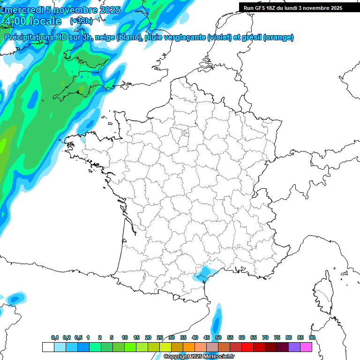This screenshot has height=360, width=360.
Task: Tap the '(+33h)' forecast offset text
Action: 81,21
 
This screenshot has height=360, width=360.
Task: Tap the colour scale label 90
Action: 312,337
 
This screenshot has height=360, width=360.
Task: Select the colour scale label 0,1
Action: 55,337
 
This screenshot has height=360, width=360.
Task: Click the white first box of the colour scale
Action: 48,347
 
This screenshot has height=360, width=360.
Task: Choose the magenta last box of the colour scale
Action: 306,347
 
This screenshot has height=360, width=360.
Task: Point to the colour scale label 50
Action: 218,337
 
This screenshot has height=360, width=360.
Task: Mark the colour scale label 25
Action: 160,337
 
